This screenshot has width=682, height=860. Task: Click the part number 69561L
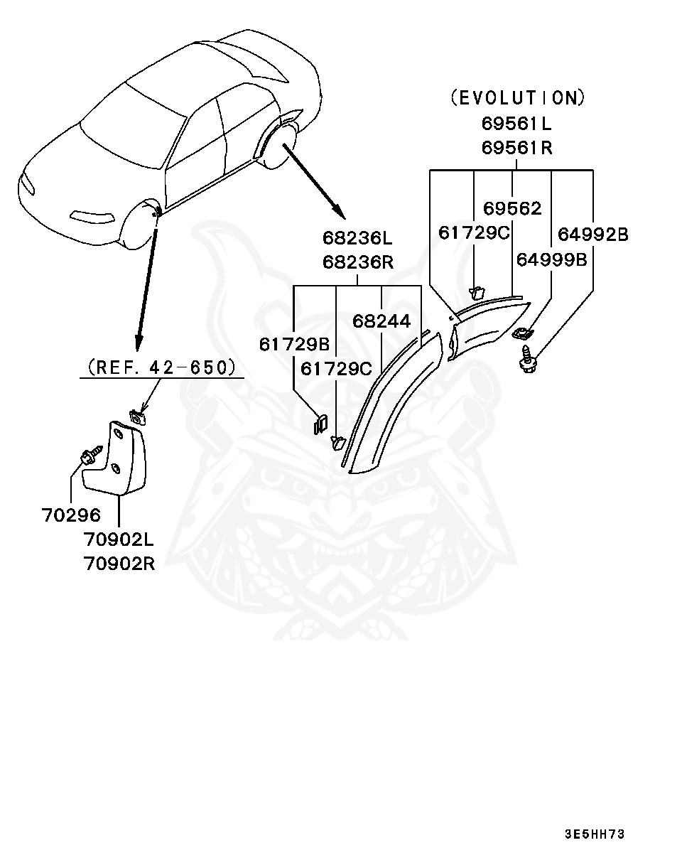coord(516,123)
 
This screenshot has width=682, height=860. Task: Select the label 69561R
coord(516,148)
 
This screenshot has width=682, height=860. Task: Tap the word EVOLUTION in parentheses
coord(518,97)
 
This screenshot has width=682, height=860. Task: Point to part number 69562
coord(512,208)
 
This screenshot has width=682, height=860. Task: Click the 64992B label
coord(592,234)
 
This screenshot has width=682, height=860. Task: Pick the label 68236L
coord(357,237)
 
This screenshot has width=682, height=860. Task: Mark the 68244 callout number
coord(381,321)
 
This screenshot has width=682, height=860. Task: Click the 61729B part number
coord(294,344)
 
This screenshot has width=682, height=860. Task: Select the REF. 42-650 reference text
coord(161,367)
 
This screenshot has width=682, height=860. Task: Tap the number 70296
coord(71,515)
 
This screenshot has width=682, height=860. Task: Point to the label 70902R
coord(119,564)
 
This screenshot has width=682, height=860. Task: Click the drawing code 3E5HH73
coord(595,834)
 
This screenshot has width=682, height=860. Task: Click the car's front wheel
coord(139,227)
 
